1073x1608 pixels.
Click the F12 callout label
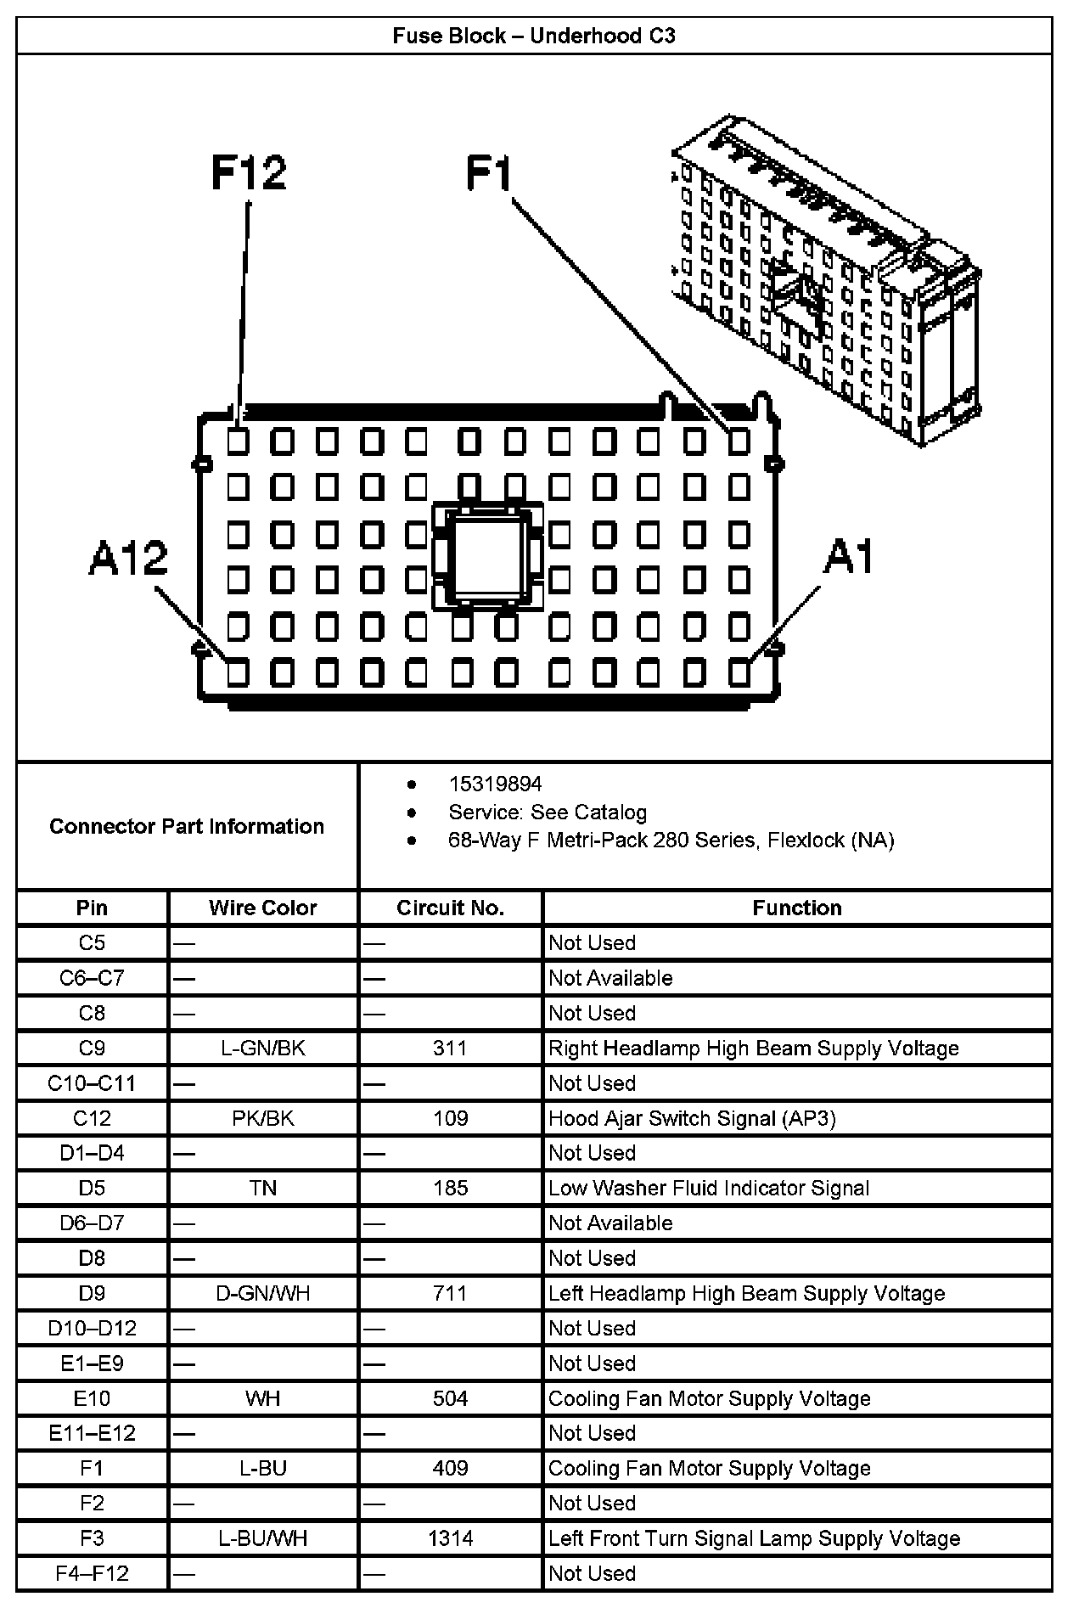pyautogui.click(x=249, y=173)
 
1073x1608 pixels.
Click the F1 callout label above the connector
pyautogui.click(x=490, y=173)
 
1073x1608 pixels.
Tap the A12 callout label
pyautogui.click(x=128, y=559)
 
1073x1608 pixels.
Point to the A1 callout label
pyautogui.click(x=849, y=558)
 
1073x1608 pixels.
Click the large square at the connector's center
pyautogui.click(x=488, y=556)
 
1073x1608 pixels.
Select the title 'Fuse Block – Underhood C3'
pyautogui.click(x=534, y=36)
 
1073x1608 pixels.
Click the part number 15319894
pyautogui.click(x=495, y=784)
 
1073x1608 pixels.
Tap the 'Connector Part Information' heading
pyautogui.click(x=187, y=826)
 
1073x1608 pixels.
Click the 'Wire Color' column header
pyautogui.click(x=263, y=908)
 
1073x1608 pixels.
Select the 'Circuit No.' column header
pyautogui.click(x=450, y=908)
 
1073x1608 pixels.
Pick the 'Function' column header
pyautogui.click(x=796, y=908)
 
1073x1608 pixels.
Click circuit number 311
pyautogui.click(x=450, y=1048)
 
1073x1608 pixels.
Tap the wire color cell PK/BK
pyautogui.click(x=263, y=1118)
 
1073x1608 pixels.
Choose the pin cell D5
pyautogui.click(x=92, y=1188)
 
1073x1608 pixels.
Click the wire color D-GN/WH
pyautogui.click(x=263, y=1293)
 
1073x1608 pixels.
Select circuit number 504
pyautogui.click(x=450, y=1398)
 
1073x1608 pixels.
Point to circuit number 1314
pyautogui.click(x=450, y=1538)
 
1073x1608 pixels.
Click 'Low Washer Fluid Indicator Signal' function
pyautogui.click(x=709, y=1188)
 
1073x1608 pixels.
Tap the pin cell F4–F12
pyautogui.click(x=92, y=1573)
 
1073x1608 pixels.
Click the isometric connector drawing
pyautogui.click(x=823, y=280)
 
